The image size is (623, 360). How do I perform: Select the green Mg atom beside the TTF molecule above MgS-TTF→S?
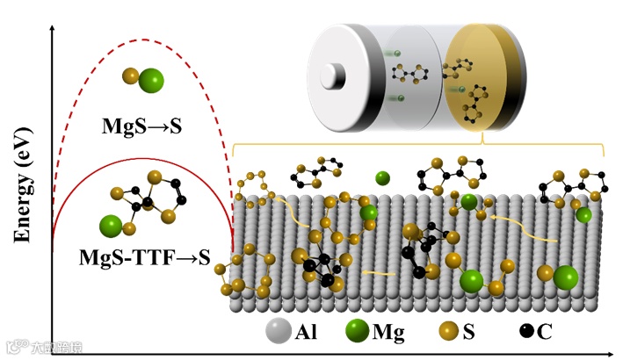point(111,224)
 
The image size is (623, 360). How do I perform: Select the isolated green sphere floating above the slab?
point(382,179)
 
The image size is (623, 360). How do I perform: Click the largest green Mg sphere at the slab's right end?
point(565,278)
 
